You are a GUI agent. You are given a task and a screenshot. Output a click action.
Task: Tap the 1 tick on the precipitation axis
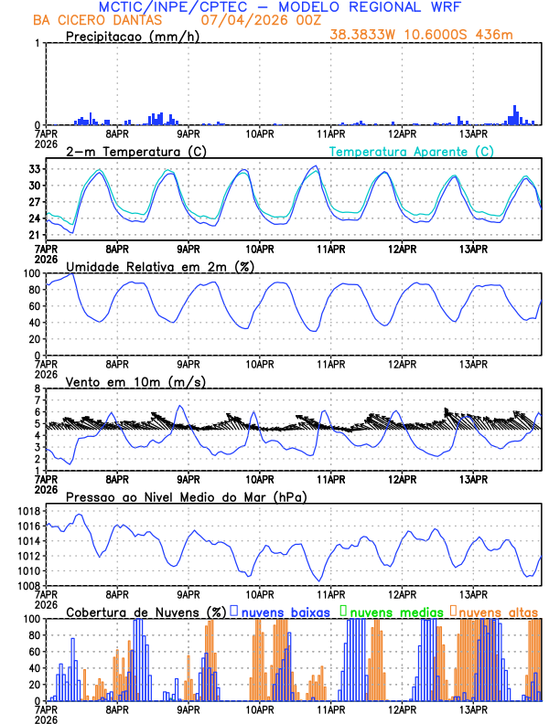(x=38, y=43)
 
